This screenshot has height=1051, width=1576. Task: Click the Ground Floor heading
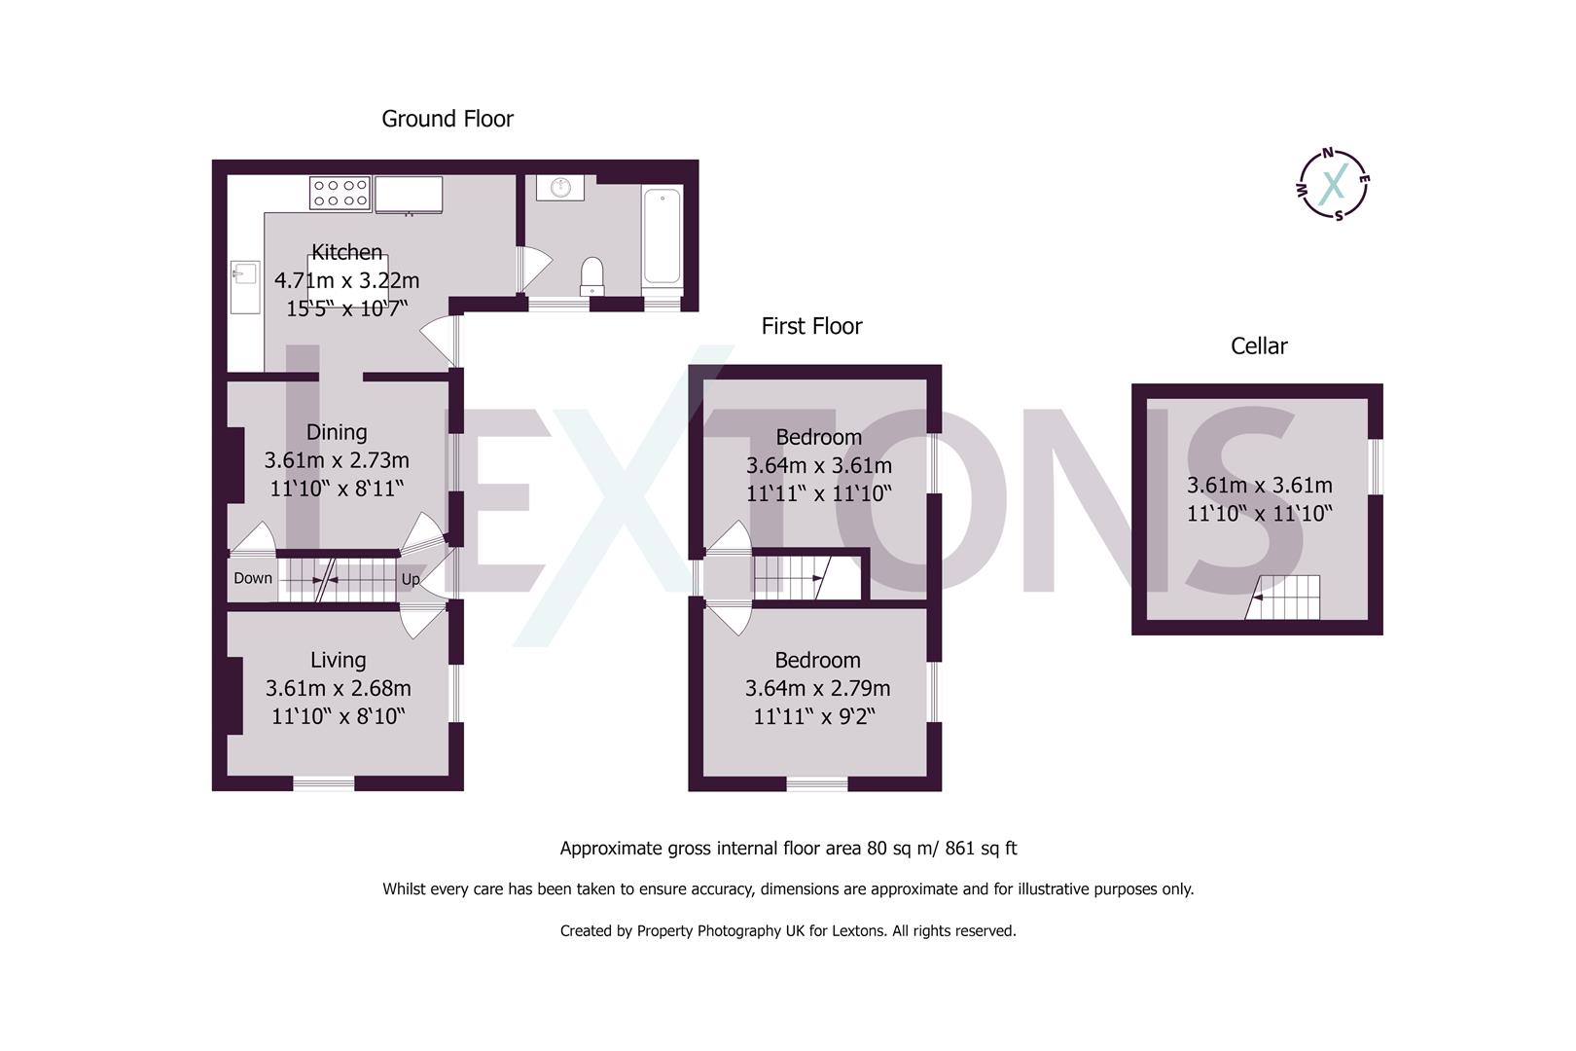447,119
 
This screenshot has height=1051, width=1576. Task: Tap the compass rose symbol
1335,183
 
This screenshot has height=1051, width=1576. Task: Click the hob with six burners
340,192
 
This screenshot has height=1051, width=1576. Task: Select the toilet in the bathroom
591,276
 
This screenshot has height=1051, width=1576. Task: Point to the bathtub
662,236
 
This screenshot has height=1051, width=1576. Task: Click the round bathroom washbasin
560,187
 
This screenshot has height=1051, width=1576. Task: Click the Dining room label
337,432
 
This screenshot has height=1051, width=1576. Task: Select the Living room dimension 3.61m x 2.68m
338,688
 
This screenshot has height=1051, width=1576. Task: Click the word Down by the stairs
253,578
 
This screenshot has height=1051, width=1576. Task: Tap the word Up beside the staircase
411,579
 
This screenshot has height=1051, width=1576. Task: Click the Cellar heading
1258,346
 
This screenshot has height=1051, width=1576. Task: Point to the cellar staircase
1284,598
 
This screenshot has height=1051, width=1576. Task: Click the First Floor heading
811,326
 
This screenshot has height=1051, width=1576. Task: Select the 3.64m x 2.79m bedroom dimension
817,688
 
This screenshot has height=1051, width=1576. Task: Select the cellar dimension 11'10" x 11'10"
1259,513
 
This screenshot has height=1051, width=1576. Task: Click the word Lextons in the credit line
857,930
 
